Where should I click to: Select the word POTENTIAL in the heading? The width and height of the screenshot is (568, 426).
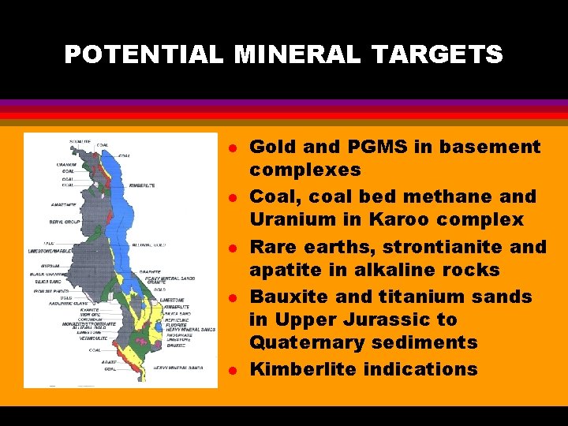click(x=144, y=54)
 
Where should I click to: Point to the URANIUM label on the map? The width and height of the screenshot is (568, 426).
click(x=67, y=165)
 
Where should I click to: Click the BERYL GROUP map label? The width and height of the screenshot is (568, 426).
click(x=66, y=222)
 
